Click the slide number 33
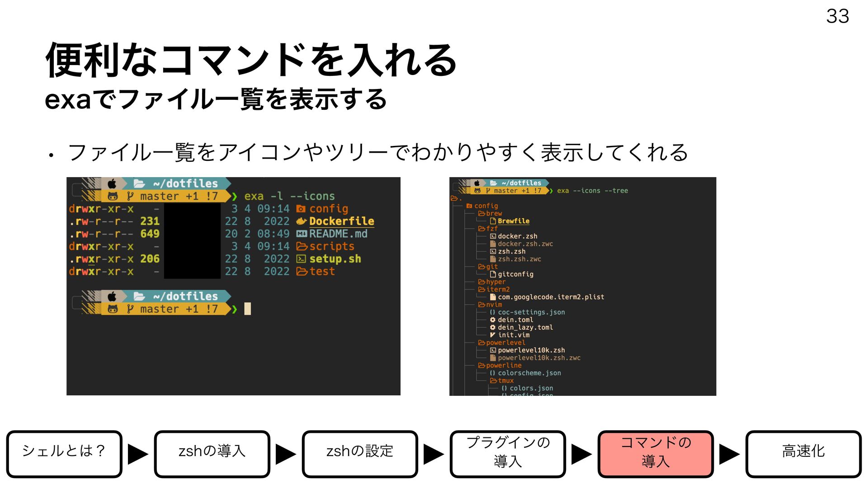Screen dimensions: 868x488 [x=837, y=16]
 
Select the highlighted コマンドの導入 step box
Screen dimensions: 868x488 [x=656, y=454]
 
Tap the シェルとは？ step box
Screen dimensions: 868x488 [x=64, y=454]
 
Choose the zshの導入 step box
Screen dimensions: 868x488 [x=212, y=454]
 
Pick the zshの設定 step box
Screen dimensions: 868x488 [x=360, y=454]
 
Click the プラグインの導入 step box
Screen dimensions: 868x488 [x=508, y=454]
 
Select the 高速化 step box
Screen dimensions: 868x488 [x=803, y=454]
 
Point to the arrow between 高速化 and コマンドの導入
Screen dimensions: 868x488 [x=729, y=454]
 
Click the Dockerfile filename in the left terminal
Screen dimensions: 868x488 [x=341, y=221]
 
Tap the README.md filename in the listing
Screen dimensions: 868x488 [x=338, y=234]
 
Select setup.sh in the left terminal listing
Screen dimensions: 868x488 [x=335, y=259]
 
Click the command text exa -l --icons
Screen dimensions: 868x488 [x=289, y=196]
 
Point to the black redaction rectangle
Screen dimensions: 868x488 [x=192, y=240]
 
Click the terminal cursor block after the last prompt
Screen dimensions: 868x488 [x=247, y=309]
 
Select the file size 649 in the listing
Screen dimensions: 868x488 [x=150, y=234]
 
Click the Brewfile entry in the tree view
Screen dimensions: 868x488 [x=513, y=221]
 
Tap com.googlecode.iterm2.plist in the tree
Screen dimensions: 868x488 [x=551, y=297]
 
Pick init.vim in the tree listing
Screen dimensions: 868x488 [x=514, y=335]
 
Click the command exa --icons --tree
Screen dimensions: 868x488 [x=592, y=191]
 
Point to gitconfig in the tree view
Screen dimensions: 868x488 [x=515, y=274]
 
